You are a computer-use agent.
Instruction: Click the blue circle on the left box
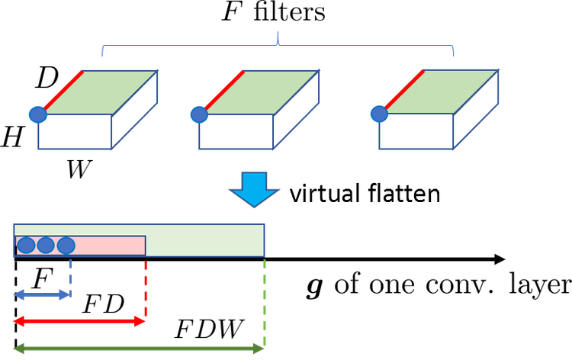[37, 115]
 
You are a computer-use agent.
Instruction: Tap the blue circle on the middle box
[198, 115]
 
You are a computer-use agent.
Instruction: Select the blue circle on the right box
[378, 114]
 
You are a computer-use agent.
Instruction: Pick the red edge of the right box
[405, 89]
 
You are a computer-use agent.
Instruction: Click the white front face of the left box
[75, 132]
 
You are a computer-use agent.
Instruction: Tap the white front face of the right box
[416, 132]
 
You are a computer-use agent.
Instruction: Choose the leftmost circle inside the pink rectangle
[26, 245]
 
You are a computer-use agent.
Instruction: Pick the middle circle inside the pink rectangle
[46, 245]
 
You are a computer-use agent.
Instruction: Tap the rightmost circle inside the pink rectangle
[66, 245]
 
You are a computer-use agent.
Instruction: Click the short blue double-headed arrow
[42, 294]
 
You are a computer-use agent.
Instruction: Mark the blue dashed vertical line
[70, 273]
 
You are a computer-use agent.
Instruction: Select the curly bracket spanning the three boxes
[278, 47]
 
